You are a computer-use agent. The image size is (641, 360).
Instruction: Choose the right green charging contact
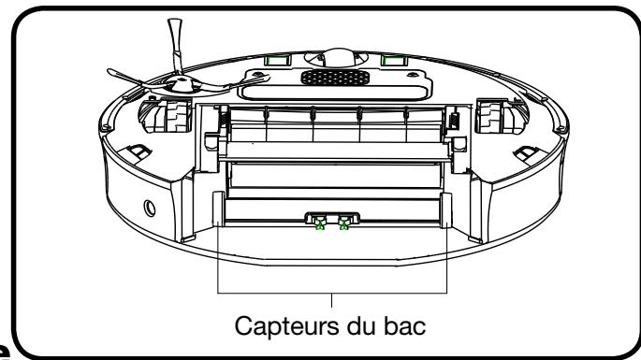tap(392, 59)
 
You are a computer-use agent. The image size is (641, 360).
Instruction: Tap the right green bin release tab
tap(345, 223)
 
